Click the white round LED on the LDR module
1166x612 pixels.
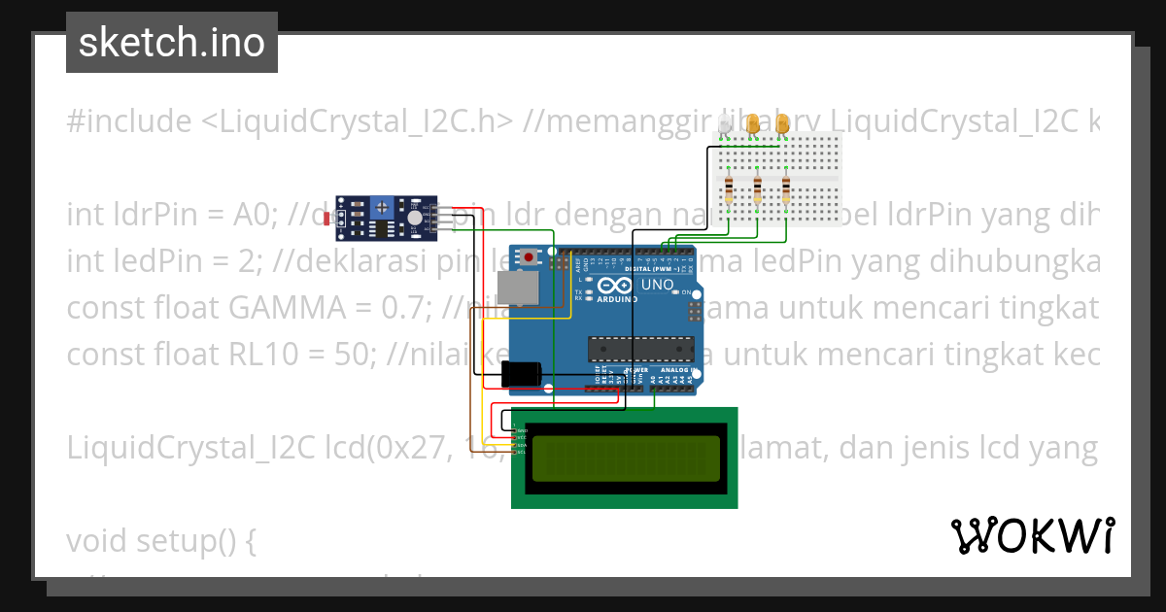click(x=416, y=220)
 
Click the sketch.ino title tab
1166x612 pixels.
click(x=172, y=43)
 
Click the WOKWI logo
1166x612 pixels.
click(x=1032, y=535)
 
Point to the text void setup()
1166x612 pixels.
click(x=160, y=541)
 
